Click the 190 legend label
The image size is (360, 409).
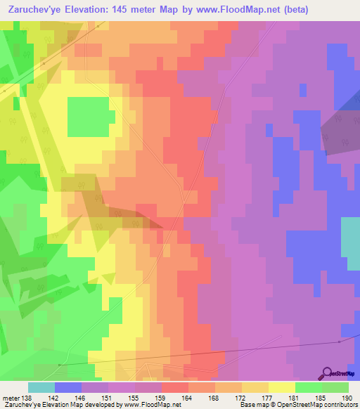345,398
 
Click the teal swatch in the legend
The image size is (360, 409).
41,387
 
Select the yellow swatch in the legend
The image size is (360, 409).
282,387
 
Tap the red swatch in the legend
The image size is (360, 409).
175,387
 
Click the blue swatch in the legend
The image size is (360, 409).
68,387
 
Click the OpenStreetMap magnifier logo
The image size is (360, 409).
328,373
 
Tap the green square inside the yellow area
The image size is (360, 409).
88,116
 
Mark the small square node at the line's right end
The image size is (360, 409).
339,342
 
